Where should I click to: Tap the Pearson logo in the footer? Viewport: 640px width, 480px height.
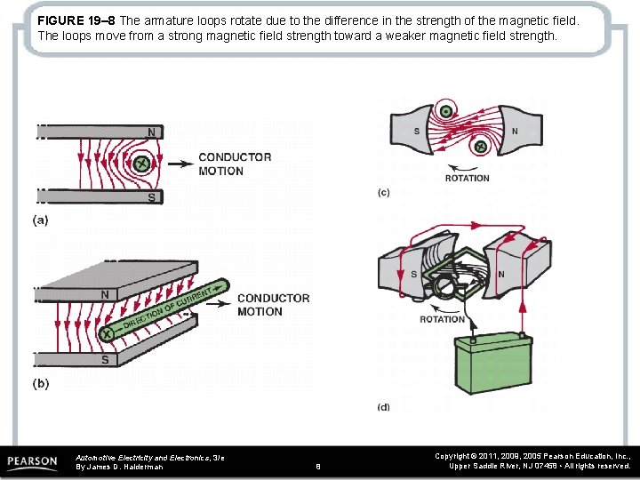click(32, 462)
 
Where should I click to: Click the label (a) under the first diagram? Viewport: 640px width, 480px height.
click(41, 220)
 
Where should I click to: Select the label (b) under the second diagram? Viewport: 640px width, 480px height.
click(41, 384)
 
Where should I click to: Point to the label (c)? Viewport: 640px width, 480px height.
click(384, 193)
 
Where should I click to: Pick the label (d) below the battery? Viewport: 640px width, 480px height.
click(383, 407)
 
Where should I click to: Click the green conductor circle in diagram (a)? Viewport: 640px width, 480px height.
click(140, 163)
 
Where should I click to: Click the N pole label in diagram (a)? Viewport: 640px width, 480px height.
click(151, 132)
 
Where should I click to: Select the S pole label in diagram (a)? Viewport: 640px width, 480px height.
click(151, 197)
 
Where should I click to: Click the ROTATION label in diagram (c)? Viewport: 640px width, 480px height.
click(467, 178)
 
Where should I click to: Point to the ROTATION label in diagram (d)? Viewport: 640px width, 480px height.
click(442, 319)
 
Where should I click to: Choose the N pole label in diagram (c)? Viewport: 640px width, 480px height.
click(515, 132)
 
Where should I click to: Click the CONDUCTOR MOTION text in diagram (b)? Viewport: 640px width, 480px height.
click(273, 305)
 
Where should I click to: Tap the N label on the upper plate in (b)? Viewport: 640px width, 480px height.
click(105, 294)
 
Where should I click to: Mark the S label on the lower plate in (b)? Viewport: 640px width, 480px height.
click(105, 360)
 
